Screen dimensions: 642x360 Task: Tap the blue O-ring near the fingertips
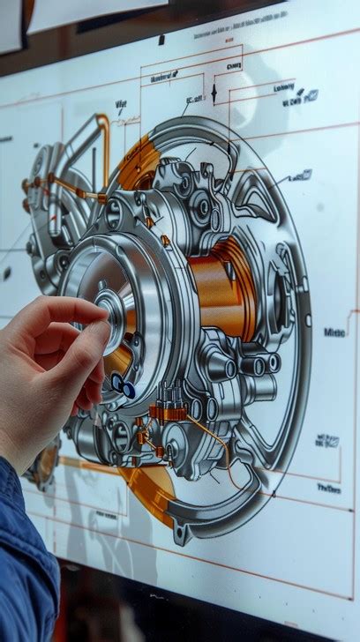pos(123,385)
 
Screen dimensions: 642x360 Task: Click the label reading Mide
pos(334,332)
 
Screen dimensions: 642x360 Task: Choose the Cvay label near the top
pos(234,65)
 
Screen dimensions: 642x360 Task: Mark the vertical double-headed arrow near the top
pos(214,93)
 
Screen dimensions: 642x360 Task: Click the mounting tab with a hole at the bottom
pos(183,532)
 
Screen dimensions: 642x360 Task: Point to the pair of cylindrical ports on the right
pos(264,363)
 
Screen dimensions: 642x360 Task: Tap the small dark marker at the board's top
pos(161,40)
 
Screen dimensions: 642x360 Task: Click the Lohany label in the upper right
pos(284,87)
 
